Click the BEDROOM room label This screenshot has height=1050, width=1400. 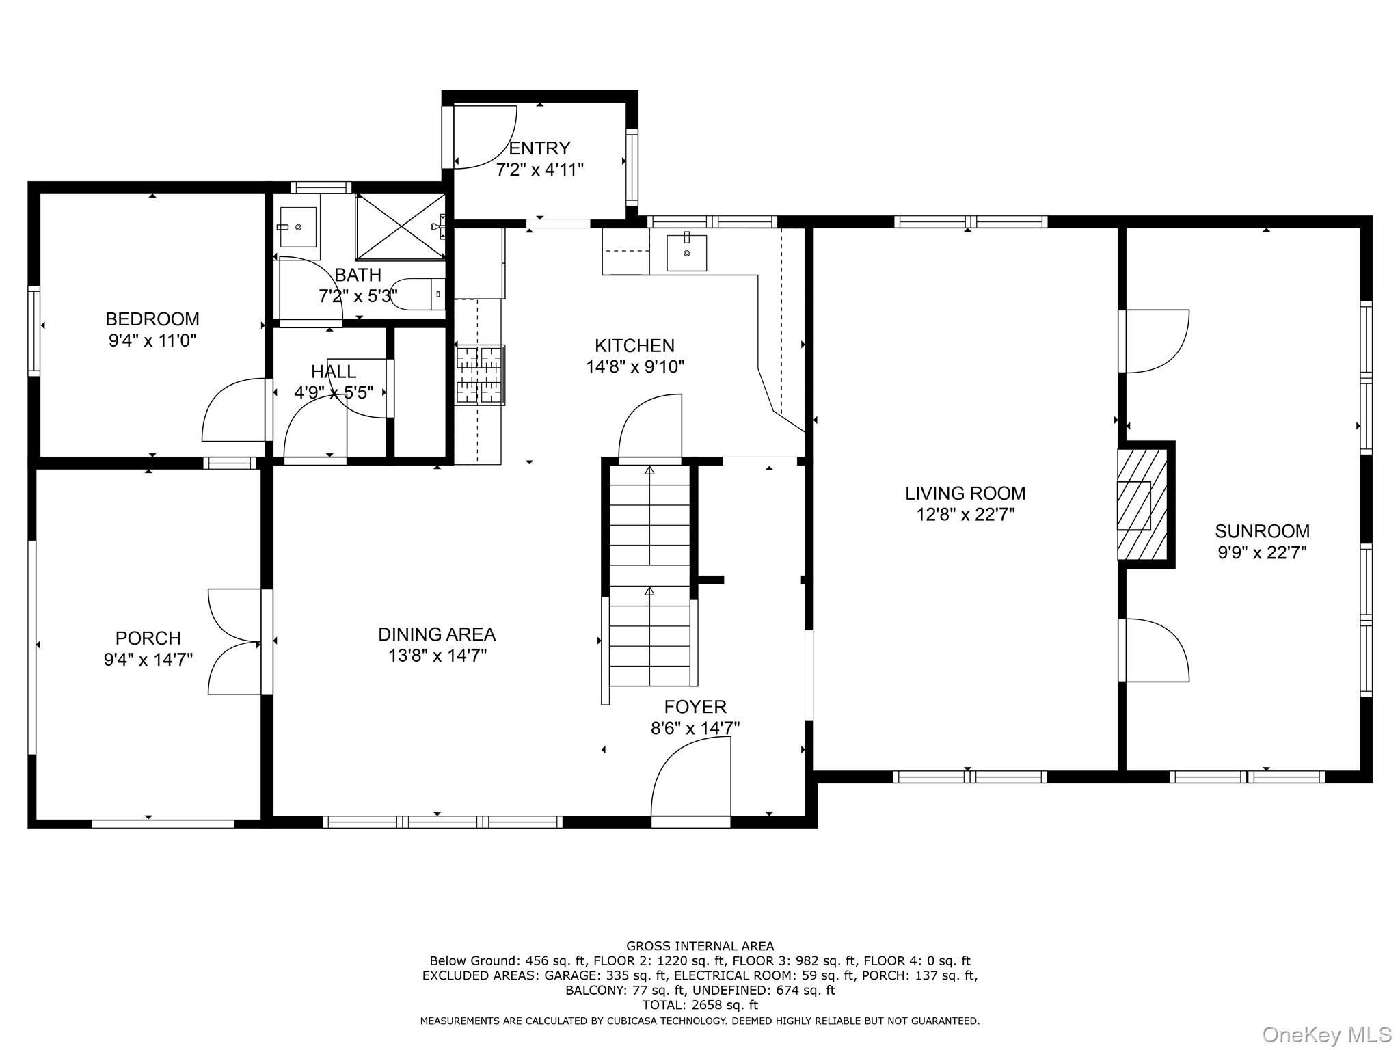click(152, 319)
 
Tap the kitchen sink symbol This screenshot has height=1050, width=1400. click(686, 252)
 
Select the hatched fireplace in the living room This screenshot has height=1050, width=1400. click(1142, 504)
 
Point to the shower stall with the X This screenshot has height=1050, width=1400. click(400, 226)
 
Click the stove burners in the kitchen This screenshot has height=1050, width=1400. click(480, 375)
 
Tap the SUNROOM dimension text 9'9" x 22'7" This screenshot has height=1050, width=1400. click(1262, 552)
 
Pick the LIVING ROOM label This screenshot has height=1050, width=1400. click(965, 493)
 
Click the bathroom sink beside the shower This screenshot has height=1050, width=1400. click(298, 227)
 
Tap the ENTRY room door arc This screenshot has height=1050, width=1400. click(485, 137)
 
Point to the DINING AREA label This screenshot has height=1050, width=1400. click(437, 634)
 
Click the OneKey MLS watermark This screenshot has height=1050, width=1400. click(1326, 1034)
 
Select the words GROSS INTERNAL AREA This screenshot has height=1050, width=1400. click(700, 946)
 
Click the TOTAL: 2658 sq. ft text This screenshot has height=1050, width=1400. click(700, 1005)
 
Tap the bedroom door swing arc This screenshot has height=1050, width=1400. click(232, 410)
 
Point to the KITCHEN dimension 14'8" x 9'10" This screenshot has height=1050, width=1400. click(635, 367)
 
